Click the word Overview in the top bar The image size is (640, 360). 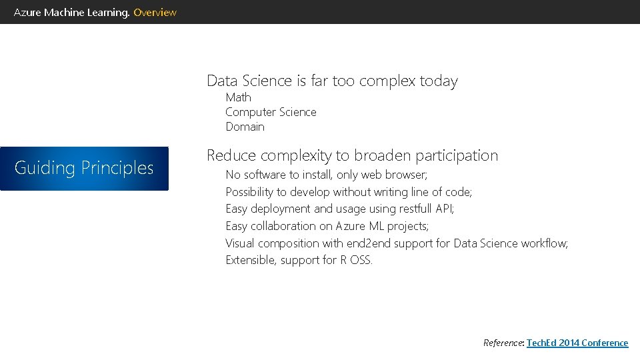click(x=155, y=12)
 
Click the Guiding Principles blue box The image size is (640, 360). click(x=84, y=168)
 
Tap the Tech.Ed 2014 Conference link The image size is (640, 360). click(x=577, y=343)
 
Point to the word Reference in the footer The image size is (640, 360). click(x=503, y=343)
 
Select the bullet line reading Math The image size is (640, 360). click(x=238, y=97)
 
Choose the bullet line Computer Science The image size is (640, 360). click(x=271, y=112)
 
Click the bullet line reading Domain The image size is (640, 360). click(x=245, y=127)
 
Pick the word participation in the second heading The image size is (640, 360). click(x=457, y=155)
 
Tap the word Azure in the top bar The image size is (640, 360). click(x=27, y=12)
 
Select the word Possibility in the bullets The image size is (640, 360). click(x=249, y=192)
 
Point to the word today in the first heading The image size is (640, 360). click(x=439, y=81)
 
